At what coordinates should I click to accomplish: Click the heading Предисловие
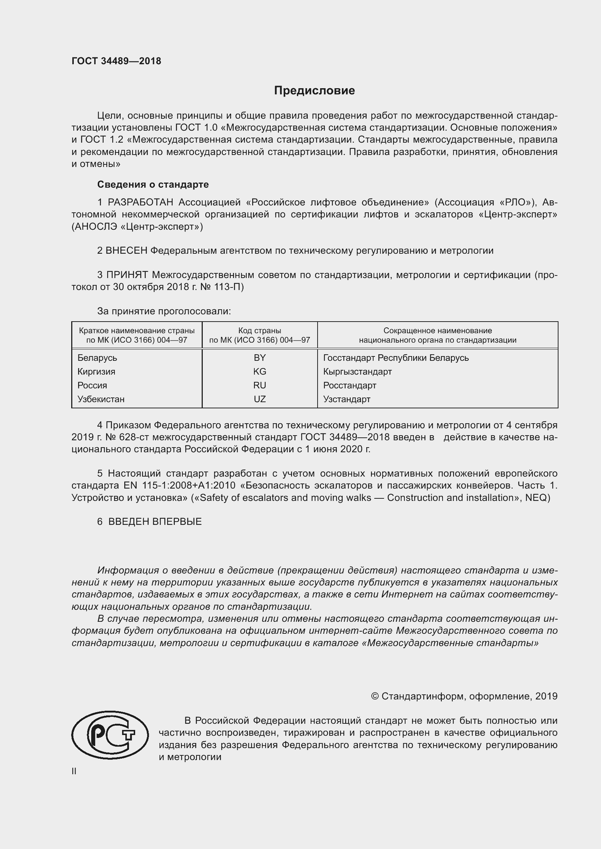[x=314, y=91]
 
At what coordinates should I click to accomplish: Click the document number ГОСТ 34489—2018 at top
[x=116, y=61]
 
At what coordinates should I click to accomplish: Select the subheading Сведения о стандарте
[x=153, y=184]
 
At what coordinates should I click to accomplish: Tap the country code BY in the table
[x=259, y=358]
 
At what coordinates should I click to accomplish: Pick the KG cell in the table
[x=259, y=371]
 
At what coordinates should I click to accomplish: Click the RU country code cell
[x=259, y=385]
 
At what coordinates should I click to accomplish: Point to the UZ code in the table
[x=259, y=399]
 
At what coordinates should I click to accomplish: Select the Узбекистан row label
[x=101, y=399]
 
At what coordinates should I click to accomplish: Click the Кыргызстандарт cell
[x=357, y=371]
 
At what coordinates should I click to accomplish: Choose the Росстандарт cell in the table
[x=349, y=385]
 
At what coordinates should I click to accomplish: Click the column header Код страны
[x=259, y=331]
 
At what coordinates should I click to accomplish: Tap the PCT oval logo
[x=110, y=735]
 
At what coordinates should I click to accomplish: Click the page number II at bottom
[x=74, y=771]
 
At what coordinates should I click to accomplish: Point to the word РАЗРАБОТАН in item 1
[x=140, y=202]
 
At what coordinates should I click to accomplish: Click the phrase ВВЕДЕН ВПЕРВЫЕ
[x=155, y=522]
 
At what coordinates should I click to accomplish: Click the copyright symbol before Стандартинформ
[x=375, y=696]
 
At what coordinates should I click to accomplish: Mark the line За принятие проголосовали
[x=164, y=311]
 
